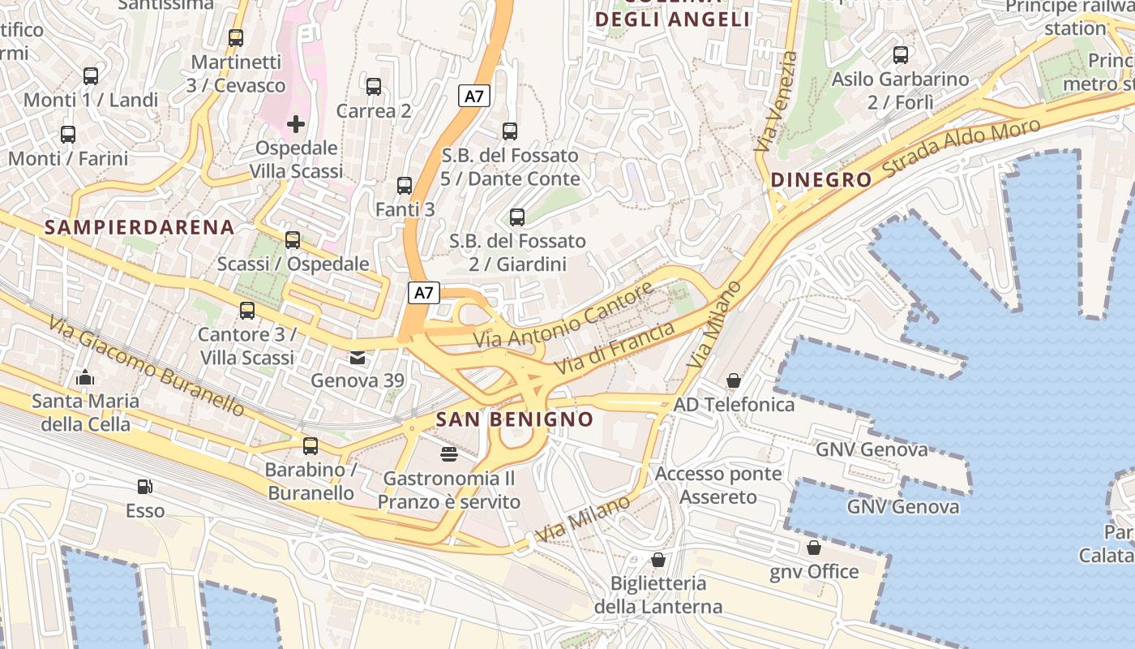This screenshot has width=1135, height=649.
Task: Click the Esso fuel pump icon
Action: point(145,487)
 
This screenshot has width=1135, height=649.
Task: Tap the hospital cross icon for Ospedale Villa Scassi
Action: point(296,124)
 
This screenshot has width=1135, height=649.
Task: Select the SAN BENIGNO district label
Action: point(515,419)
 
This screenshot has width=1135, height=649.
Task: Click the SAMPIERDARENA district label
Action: point(139,227)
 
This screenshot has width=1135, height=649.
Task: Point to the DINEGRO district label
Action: point(821,180)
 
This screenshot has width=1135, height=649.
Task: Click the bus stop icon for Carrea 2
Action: point(374,87)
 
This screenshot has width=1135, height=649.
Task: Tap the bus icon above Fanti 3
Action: point(405,186)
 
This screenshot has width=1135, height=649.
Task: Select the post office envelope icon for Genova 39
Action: point(357,357)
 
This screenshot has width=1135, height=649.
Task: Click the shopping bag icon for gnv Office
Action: point(813,548)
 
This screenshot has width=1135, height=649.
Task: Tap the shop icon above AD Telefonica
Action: point(734,380)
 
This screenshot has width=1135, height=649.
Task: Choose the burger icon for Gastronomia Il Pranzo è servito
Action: point(449,454)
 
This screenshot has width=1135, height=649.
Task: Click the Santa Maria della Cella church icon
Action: point(84,377)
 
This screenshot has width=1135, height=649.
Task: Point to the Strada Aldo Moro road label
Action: point(962,148)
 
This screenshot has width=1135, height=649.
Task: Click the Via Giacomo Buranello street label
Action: point(146,365)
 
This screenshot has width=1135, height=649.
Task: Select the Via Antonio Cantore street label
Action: point(563,316)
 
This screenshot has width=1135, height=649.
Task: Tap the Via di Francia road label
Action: point(615,348)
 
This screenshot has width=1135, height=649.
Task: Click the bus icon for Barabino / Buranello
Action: point(311,445)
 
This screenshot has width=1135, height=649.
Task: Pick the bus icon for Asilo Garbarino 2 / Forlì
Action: point(901,55)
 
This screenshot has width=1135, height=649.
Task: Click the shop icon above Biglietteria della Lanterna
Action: point(657,560)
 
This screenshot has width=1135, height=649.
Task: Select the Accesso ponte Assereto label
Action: point(718,485)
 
